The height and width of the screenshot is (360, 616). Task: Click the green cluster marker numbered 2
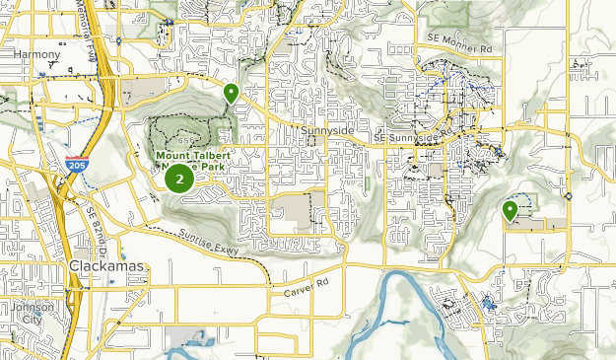[x=178, y=179]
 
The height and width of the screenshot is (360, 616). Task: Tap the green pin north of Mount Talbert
[x=232, y=94]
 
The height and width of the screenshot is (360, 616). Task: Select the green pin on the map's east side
[x=511, y=210]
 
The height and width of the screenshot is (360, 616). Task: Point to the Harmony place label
[x=37, y=55]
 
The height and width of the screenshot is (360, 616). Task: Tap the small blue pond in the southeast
[x=490, y=305]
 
